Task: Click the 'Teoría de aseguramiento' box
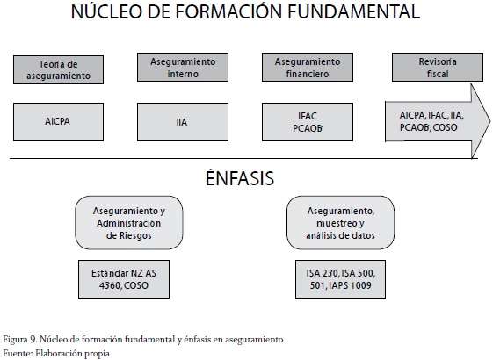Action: click(59, 69)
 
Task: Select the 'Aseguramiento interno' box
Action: click(183, 68)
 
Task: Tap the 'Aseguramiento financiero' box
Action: click(308, 68)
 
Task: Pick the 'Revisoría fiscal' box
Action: click(438, 68)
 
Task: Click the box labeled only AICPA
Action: click(59, 122)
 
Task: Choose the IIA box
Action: click(183, 122)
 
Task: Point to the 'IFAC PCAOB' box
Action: click(308, 122)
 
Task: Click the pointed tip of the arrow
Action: click(489, 121)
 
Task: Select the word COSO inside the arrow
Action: click(445, 127)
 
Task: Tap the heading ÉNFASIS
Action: click(240, 177)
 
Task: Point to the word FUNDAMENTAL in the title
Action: click(354, 12)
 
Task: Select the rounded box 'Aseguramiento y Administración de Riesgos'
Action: click(129, 223)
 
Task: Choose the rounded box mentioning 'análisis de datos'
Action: click(340, 223)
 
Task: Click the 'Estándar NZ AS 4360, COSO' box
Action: click(124, 279)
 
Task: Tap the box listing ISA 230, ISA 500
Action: click(340, 279)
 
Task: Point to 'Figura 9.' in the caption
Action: click(20, 340)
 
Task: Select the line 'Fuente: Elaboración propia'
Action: click(56, 353)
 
